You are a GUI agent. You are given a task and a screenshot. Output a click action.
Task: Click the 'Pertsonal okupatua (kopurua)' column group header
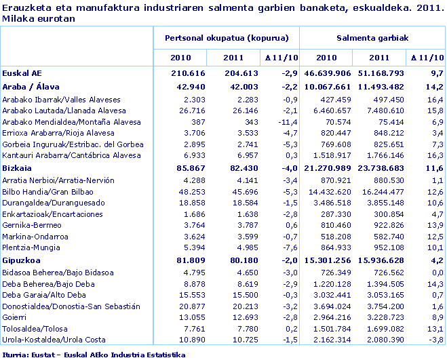(x=227, y=39)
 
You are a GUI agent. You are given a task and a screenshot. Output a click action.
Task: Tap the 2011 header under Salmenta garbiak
(x=379, y=58)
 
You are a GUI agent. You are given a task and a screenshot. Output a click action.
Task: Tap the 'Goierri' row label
(x=16, y=317)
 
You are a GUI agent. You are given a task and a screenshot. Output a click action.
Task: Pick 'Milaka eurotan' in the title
(x=39, y=19)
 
